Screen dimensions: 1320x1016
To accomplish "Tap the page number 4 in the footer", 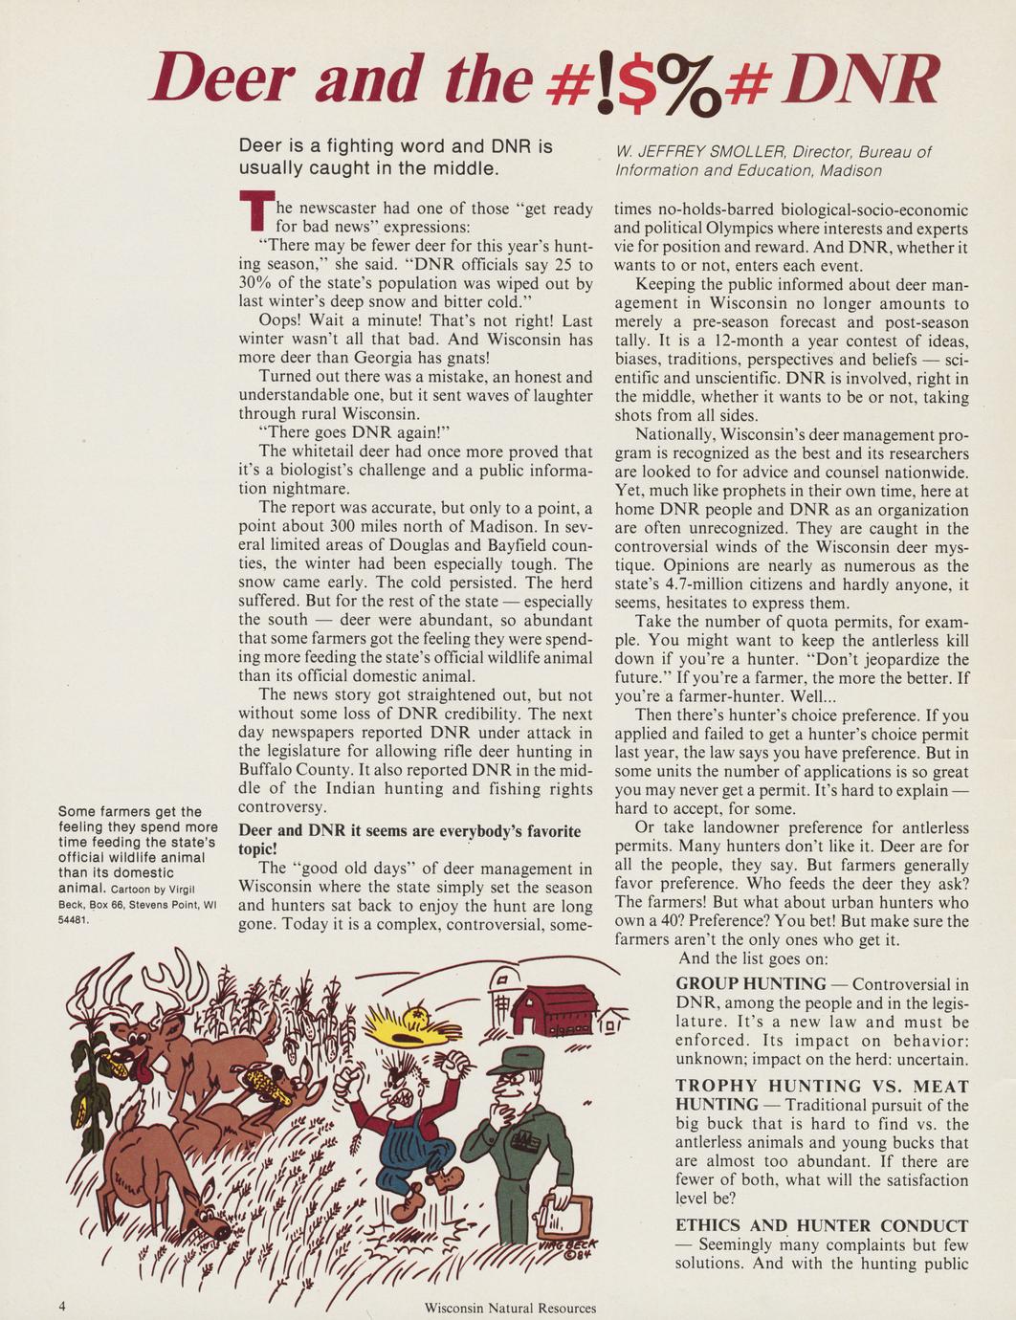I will pyautogui.click(x=61, y=1306).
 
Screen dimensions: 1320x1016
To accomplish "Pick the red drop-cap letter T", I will pyautogui.click(x=251, y=214).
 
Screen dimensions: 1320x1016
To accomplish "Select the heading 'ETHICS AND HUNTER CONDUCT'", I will pyautogui.click(x=822, y=1226).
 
